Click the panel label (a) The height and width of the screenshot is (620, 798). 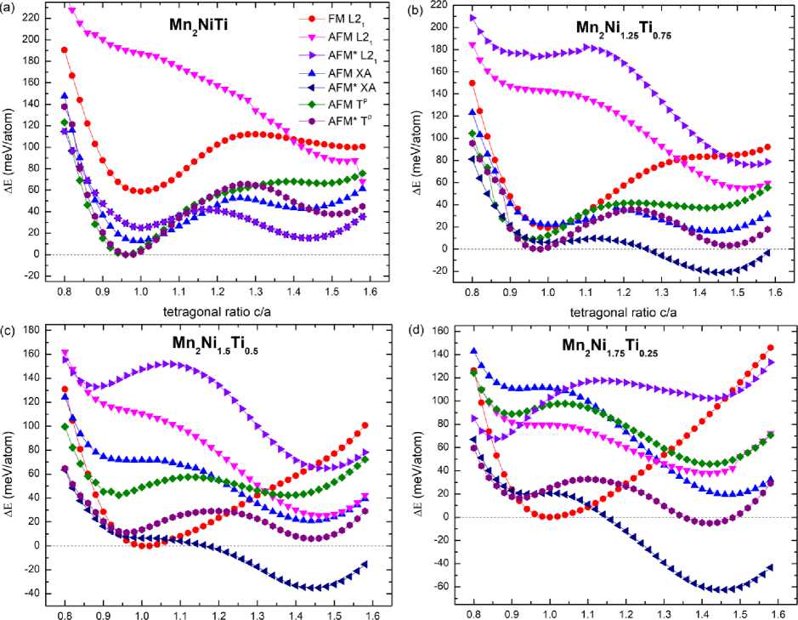pos(11,12)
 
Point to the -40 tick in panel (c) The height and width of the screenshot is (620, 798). pos(31,594)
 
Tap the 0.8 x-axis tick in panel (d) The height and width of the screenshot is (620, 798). pos(472,611)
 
